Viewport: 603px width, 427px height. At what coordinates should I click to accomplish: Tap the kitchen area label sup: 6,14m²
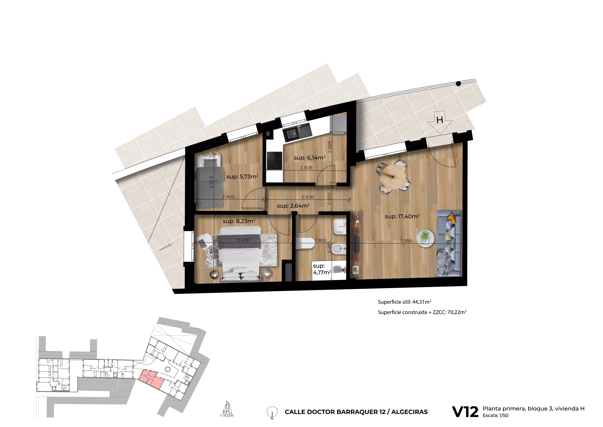coord(310,158)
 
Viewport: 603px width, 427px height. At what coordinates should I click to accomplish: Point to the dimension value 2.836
coord(306,168)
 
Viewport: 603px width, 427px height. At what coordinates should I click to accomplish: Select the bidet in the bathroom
coord(339,249)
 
